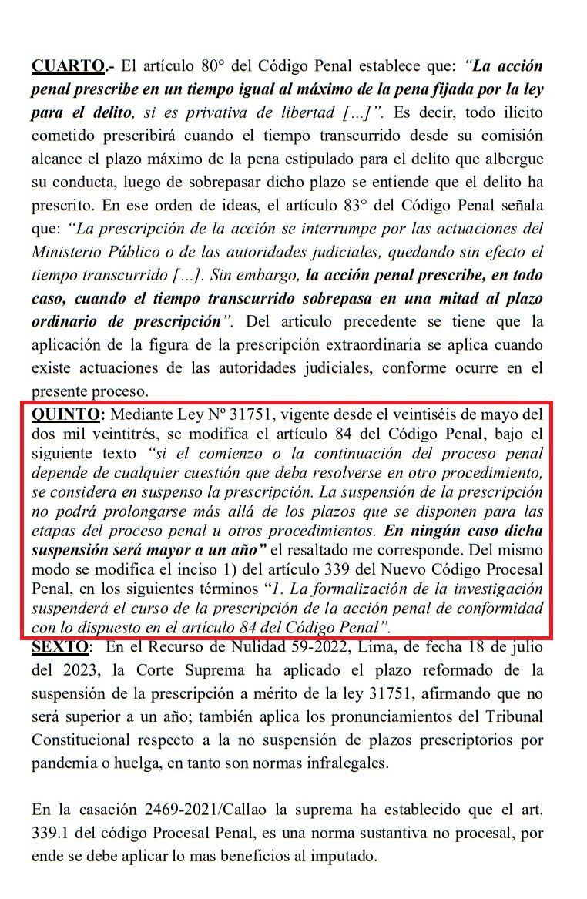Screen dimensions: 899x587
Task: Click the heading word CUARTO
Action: (x=62, y=65)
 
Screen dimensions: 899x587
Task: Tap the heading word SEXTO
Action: (x=59, y=646)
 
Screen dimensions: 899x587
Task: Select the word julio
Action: (x=525, y=646)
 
